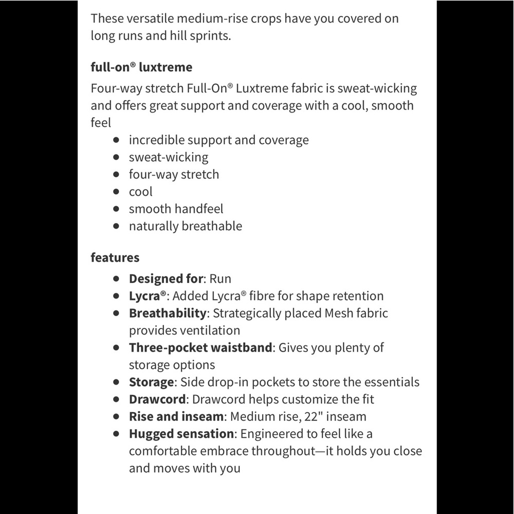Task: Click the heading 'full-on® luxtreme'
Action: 141,67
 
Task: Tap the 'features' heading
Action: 115,257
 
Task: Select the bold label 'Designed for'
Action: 166,279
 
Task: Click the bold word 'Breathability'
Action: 167,313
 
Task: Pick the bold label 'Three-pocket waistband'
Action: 200,347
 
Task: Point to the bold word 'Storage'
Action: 151,382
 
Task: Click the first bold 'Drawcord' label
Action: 157,399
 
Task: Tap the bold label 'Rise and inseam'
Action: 176,416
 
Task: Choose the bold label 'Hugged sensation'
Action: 181,434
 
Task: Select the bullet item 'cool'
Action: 140,192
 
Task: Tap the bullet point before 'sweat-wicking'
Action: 117,157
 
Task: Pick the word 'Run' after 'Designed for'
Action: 220,279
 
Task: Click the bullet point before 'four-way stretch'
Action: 117,175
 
